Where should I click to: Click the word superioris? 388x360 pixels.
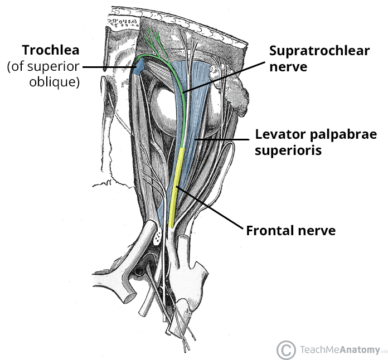pyautogui.click(x=288, y=150)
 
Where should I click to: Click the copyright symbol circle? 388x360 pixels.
pyautogui.click(x=285, y=349)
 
